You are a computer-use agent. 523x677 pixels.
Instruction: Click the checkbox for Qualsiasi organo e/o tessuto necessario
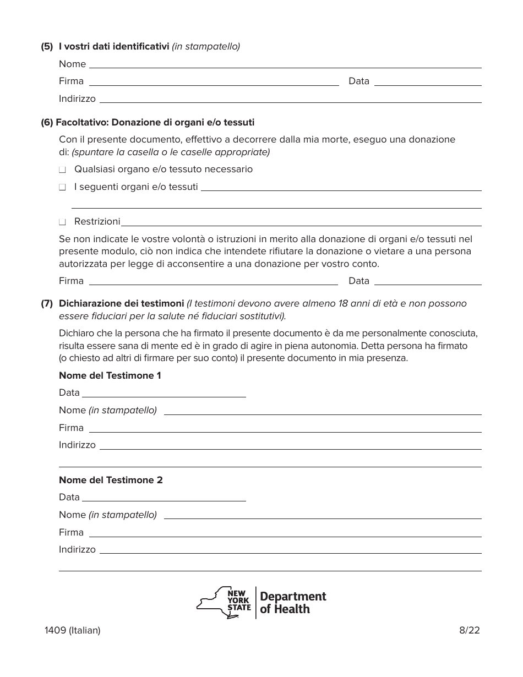coord(62,170)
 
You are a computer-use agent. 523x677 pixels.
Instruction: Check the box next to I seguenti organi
coord(62,188)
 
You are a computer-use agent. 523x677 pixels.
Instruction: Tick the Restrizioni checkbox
coord(62,222)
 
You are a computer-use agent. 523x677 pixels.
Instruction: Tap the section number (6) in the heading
coord(47,122)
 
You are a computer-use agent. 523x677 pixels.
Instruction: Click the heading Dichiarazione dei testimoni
coord(121,303)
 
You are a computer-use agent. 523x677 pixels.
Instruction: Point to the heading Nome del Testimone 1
coord(110,375)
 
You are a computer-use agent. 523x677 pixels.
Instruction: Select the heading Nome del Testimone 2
coord(111,480)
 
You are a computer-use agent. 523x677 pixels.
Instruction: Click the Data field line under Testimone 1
coord(164,395)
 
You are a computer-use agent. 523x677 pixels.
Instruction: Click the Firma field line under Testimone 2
coord(285,535)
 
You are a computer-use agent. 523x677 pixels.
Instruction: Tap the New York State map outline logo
coord(223,603)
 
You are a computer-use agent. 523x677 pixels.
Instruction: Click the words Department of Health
coord(292,603)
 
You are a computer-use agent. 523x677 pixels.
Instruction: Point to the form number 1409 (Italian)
coord(73,631)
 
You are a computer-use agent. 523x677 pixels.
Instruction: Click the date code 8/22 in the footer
coord(469,631)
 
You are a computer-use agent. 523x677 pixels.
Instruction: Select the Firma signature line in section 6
coord(214,283)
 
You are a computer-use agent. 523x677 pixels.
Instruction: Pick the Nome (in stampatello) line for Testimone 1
coord(323,413)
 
